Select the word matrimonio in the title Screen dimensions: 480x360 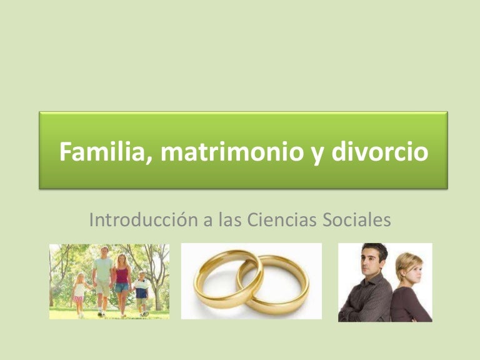pyautogui.click(x=232, y=151)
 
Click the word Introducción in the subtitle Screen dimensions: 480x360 pyautogui.click(x=143, y=219)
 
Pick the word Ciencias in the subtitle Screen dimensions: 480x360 pyautogui.click(x=281, y=219)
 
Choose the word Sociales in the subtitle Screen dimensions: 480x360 pyautogui.click(x=357, y=219)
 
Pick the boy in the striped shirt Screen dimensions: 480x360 pyautogui.click(x=141, y=293)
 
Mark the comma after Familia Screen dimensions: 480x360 pyautogui.click(x=149, y=161)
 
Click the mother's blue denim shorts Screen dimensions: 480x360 pyautogui.click(x=122, y=287)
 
